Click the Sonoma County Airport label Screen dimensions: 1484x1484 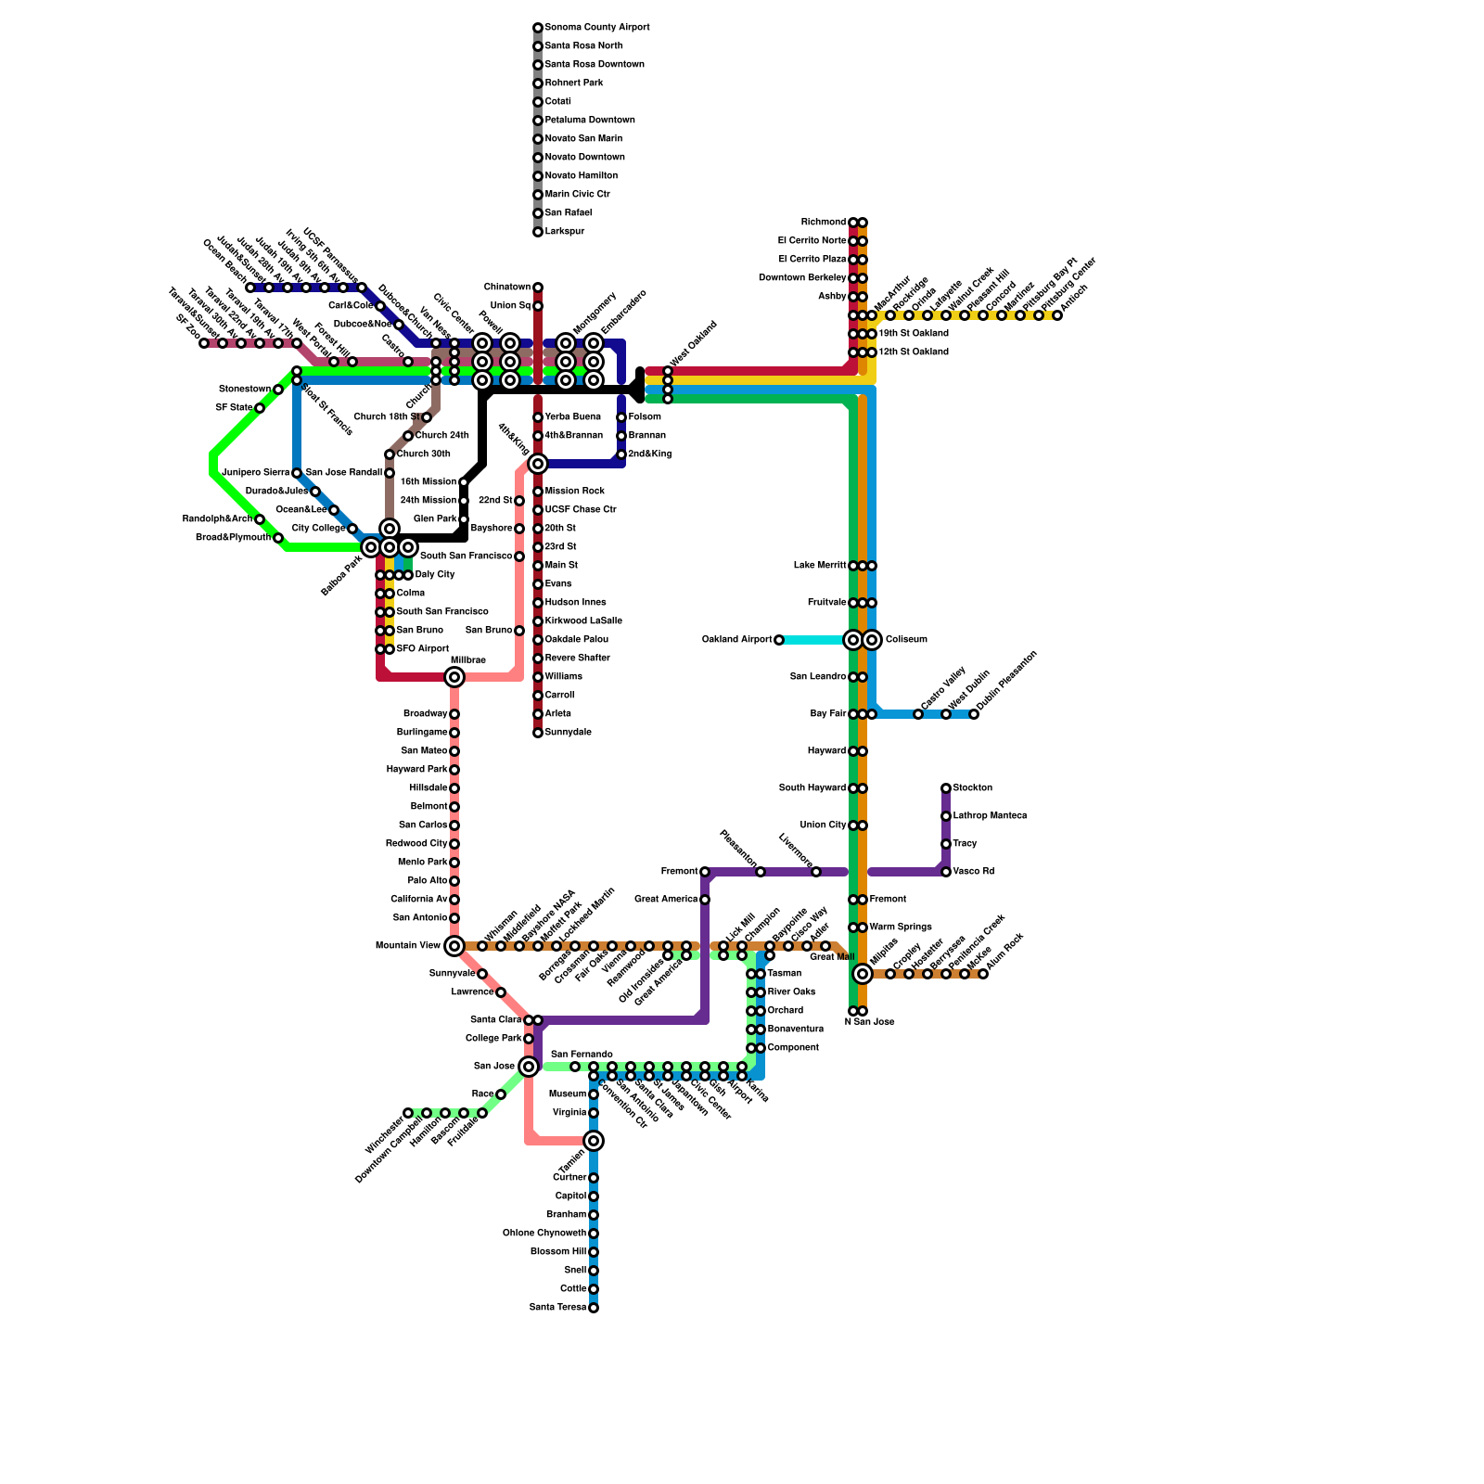[x=596, y=28]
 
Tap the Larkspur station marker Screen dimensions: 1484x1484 [x=538, y=232]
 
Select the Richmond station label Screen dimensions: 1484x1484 [x=824, y=223]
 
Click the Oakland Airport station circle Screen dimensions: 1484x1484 [x=779, y=640]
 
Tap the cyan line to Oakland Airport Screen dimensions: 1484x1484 [x=812, y=640]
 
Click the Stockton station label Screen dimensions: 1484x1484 [x=972, y=788]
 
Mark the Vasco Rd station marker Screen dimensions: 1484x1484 [x=946, y=872]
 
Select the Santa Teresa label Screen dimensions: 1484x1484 [x=557, y=1308]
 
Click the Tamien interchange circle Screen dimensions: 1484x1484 [x=594, y=1141]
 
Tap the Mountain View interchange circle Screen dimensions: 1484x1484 [x=454, y=946]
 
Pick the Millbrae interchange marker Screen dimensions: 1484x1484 [x=454, y=677]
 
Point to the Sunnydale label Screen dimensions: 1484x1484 [x=568, y=733]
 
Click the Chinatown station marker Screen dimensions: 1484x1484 [x=538, y=288]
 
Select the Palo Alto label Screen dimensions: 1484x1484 [x=427, y=881]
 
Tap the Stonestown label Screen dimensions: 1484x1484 [x=244, y=390]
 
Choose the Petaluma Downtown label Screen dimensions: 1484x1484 [x=589, y=121]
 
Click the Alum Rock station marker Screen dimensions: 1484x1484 [x=983, y=974]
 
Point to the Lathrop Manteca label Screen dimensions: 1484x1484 [x=990, y=816]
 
